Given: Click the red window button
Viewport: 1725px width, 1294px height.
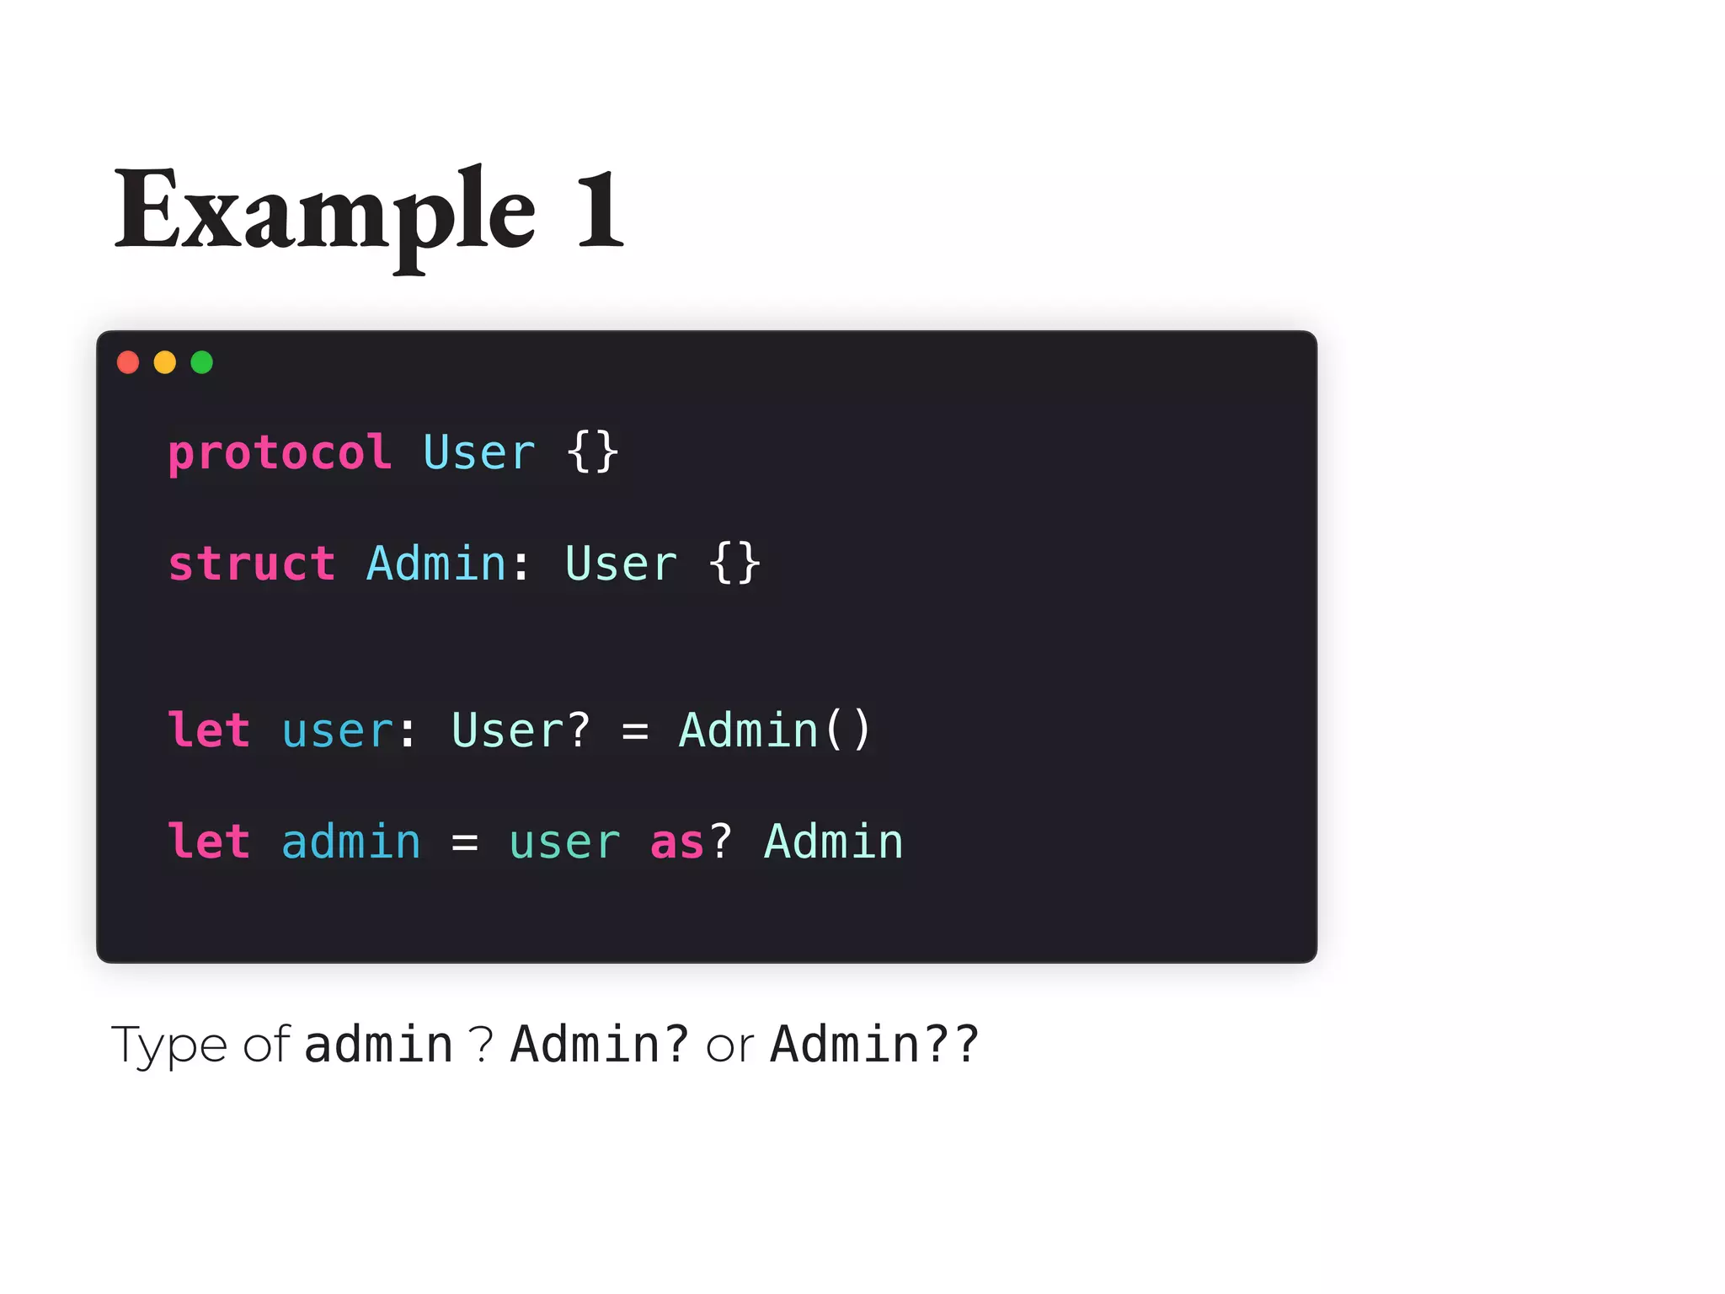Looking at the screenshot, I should (x=128, y=362).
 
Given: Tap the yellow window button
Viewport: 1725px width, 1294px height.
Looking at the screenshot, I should (x=165, y=362).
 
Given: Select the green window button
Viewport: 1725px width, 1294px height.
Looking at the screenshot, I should (x=202, y=362).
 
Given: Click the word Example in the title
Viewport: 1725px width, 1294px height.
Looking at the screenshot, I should (x=325, y=211).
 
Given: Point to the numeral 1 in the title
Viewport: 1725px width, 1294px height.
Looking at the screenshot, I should (x=600, y=211).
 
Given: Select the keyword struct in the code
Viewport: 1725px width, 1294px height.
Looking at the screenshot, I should (x=251, y=564).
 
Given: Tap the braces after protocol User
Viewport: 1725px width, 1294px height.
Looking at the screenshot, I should (x=593, y=453).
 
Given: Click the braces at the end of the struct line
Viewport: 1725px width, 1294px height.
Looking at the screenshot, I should (x=734, y=564).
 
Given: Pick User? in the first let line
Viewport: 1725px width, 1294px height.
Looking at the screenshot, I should (x=521, y=730).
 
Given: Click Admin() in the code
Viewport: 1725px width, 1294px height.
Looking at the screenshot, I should (x=775, y=730).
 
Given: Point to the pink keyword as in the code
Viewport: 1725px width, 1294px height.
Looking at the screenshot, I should (x=676, y=842).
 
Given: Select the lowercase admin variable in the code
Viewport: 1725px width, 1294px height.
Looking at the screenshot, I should (x=350, y=842).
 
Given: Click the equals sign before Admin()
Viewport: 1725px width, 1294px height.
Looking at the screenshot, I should (x=635, y=731).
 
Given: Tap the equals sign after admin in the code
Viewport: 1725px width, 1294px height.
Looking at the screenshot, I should (x=464, y=842).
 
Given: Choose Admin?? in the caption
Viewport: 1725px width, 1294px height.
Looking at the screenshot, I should (x=875, y=1045).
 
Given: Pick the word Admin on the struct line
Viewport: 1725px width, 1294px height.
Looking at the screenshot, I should (x=436, y=564).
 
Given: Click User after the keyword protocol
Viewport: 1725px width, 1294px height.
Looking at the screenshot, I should (x=478, y=453).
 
